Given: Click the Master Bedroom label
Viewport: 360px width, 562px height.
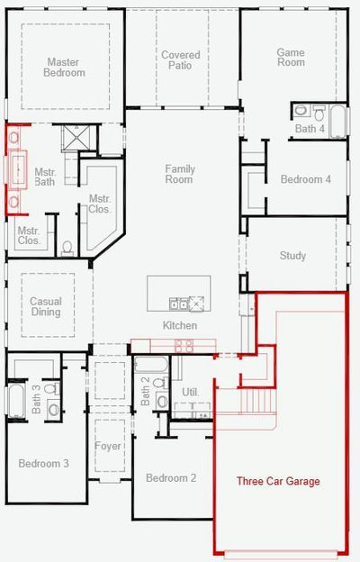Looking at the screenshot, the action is (64, 68).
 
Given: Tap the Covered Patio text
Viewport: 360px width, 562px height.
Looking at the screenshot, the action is (181, 59).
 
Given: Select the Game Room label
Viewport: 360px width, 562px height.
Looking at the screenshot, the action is (291, 57).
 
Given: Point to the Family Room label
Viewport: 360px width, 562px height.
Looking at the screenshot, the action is (180, 174).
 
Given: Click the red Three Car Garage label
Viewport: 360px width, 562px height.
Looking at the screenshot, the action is (278, 481).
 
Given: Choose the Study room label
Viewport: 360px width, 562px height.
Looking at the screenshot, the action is (292, 256).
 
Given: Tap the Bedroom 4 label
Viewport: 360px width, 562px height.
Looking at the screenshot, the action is (306, 179).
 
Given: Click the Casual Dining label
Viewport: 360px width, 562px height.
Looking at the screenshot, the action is (46, 306).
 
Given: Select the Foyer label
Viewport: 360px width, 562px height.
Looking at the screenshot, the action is (108, 446).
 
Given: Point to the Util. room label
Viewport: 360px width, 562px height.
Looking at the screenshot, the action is (190, 392).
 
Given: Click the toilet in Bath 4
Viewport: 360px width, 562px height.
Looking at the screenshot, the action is (319, 113).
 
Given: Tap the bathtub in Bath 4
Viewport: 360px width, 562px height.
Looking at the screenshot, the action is (337, 122).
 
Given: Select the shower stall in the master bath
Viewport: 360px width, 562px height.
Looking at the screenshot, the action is (76, 138).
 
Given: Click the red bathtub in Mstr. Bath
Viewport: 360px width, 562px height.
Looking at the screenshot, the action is (18, 169).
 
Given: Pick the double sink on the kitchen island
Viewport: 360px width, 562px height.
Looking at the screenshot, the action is (178, 304).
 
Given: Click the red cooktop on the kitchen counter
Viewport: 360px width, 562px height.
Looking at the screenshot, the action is (184, 346).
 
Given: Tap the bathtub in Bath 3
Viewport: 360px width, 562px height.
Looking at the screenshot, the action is (16, 401).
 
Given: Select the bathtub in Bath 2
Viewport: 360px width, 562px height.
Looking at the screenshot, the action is (151, 364).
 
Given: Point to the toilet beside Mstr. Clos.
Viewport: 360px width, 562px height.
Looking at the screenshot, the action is (67, 248).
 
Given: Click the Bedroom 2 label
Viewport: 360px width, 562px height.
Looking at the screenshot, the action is (171, 477).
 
